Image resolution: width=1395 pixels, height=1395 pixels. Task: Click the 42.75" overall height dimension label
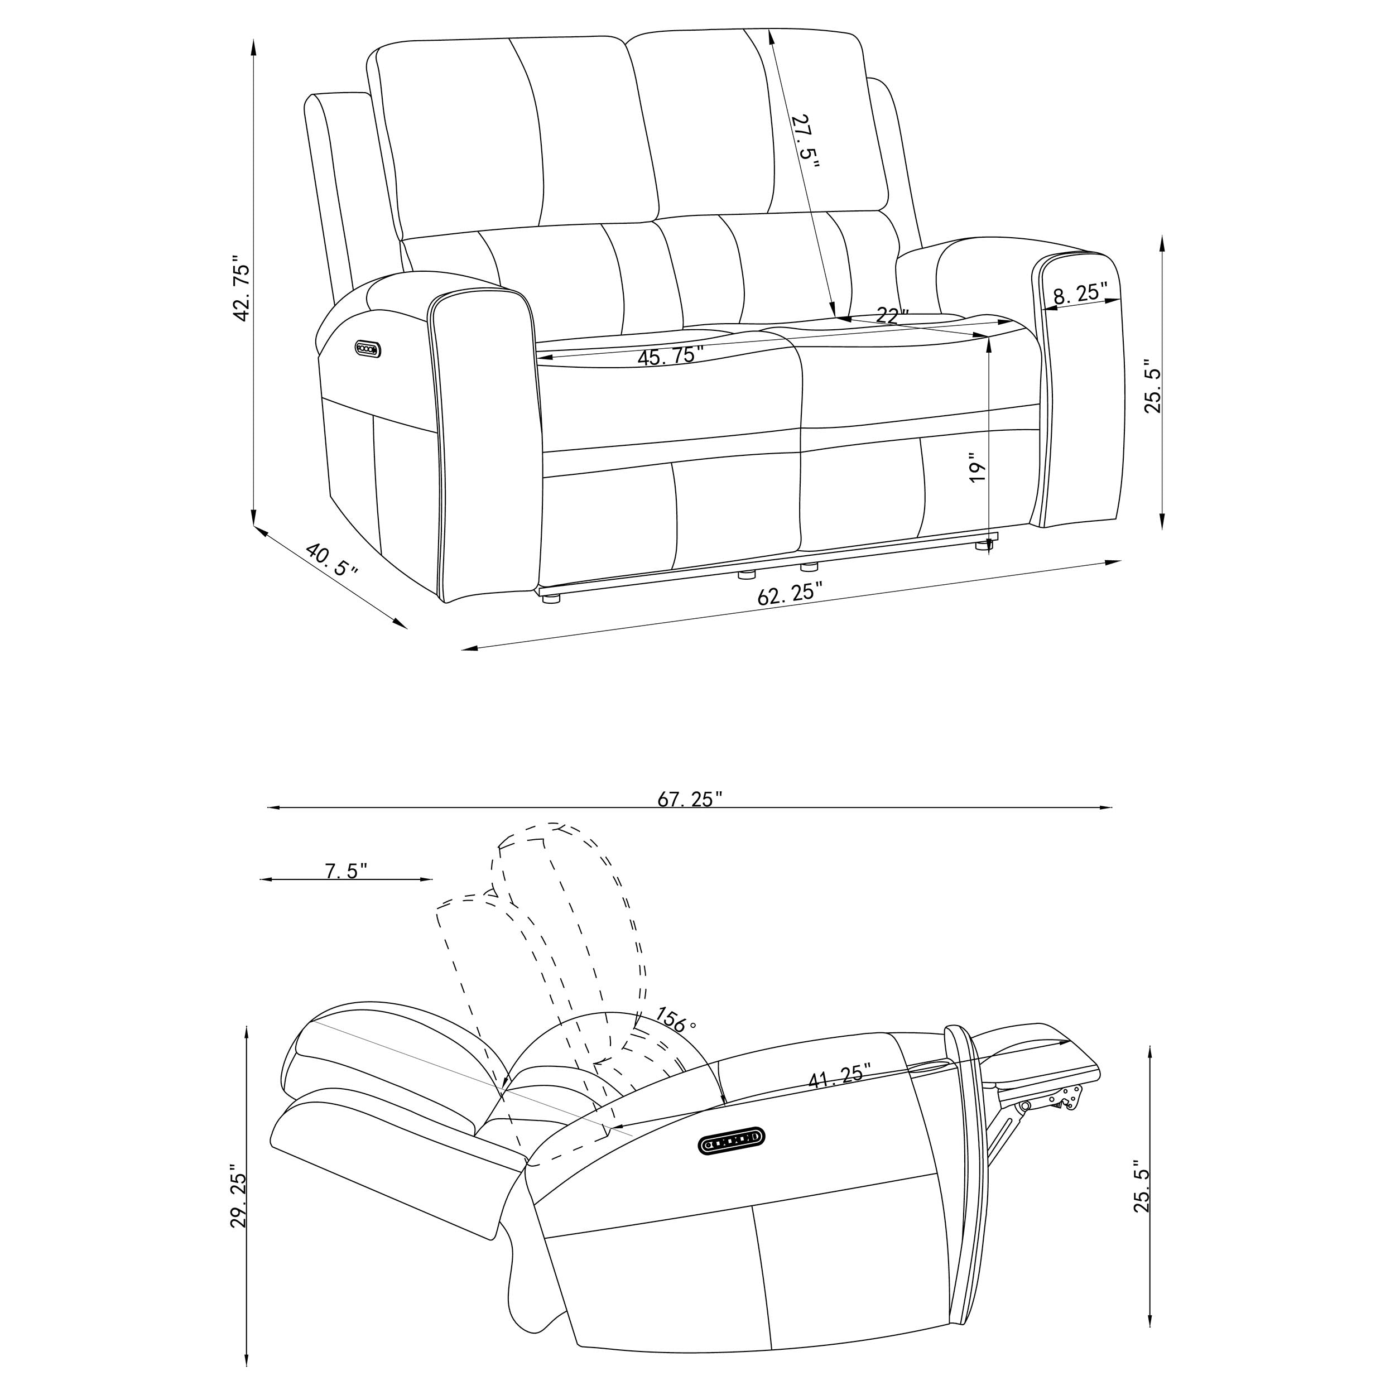click(240, 287)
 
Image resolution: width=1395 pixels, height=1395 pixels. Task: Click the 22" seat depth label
click(892, 315)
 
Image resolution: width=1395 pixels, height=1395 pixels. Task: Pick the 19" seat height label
click(977, 468)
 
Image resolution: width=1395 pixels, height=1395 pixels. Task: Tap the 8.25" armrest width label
click(1080, 292)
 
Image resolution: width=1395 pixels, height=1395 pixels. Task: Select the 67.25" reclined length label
click(690, 799)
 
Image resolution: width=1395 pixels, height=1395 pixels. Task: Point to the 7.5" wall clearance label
click(347, 871)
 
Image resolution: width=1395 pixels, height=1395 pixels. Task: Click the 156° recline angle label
click(676, 1019)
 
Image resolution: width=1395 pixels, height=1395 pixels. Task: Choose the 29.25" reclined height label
click(239, 1195)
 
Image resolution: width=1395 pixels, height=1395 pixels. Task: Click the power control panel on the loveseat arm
click(368, 349)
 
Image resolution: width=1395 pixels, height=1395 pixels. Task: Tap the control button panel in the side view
click(732, 1142)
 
